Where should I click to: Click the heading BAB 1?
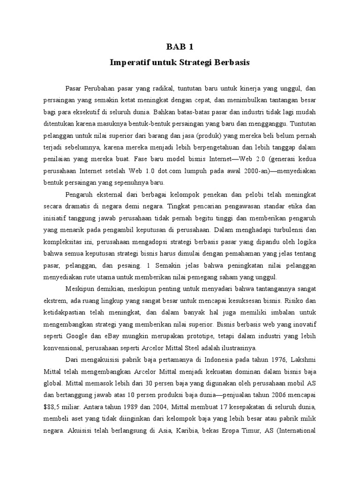pos(180,47)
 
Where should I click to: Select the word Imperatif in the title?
pos(129,62)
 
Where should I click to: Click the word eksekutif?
pos(107,112)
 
